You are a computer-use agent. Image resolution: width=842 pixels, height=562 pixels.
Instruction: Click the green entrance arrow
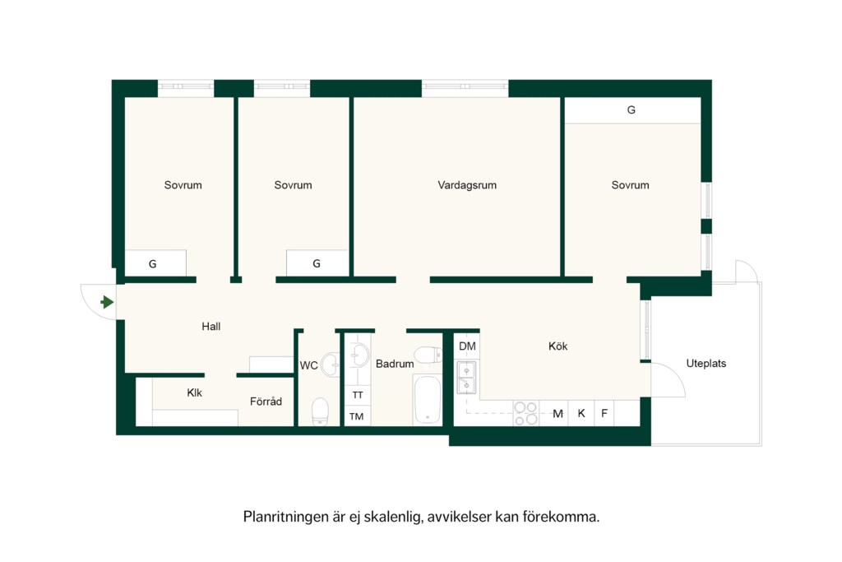coord(108,302)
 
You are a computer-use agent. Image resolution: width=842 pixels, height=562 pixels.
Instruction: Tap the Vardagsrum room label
coord(467,185)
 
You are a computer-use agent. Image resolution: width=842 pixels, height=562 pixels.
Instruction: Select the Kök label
coord(557,346)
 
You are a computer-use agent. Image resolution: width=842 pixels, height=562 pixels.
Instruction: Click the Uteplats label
coord(706,364)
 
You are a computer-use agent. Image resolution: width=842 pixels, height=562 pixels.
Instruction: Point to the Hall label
coord(211,326)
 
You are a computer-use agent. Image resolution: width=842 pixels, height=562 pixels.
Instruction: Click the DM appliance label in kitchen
coord(467,346)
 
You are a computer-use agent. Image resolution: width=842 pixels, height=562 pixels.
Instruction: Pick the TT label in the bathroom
coord(358,395)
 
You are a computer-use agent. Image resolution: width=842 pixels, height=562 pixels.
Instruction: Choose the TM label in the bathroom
coord(357,416)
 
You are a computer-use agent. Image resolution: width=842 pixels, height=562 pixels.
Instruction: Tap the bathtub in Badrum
coord(428,400)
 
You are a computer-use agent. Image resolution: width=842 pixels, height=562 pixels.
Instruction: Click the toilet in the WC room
coord(320,411)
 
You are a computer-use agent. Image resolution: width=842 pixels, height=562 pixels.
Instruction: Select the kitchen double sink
coord(466,378)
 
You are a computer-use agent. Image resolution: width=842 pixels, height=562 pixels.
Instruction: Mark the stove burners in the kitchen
coord(526,413)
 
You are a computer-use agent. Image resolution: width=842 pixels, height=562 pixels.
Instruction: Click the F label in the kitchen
coord(604,414)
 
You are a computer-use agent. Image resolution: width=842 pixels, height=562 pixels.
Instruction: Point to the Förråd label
coord(266,402)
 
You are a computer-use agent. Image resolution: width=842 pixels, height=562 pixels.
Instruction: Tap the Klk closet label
coord(194,392)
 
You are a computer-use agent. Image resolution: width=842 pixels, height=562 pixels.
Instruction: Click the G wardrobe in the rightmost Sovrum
coord(632,110)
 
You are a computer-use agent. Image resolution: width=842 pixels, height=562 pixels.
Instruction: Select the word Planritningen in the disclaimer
coord(286,517)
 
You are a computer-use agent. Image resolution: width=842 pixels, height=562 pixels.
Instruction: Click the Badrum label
coord(395,364)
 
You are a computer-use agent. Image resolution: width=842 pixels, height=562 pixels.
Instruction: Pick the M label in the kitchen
coord(558,414)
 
